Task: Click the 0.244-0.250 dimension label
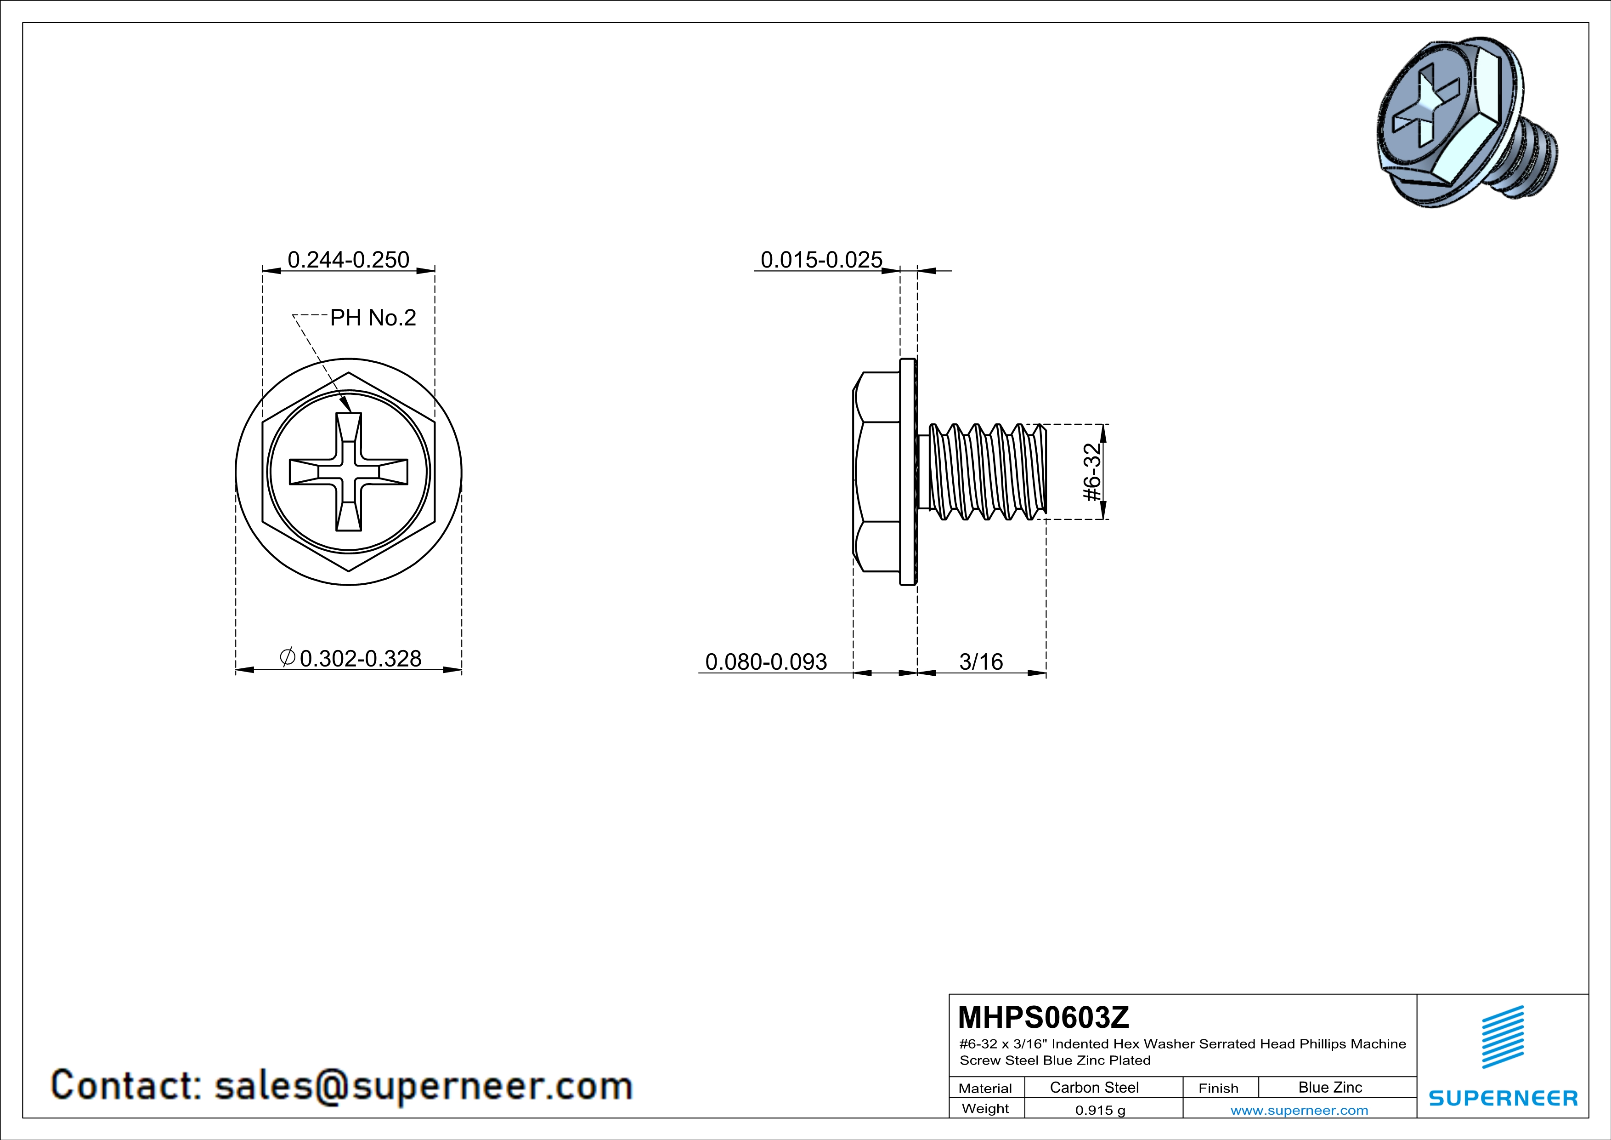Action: coord(348,260)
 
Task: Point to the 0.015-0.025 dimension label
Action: coord(821,260)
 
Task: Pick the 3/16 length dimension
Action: coord(980,661)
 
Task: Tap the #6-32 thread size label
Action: coord(1092,472)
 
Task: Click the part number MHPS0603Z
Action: coord(1043,1017)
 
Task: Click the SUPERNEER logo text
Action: coord(1503,1098)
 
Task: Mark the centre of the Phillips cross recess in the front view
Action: coord(349,472)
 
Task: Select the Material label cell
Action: coord(985,1088)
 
